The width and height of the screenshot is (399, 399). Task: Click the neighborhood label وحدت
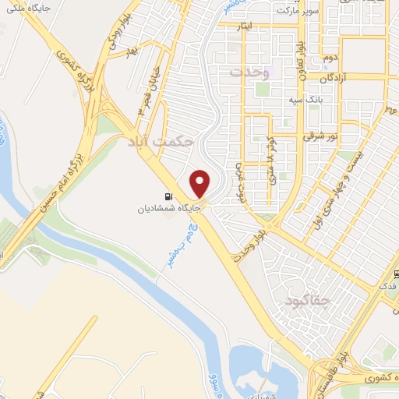pos(249,72)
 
